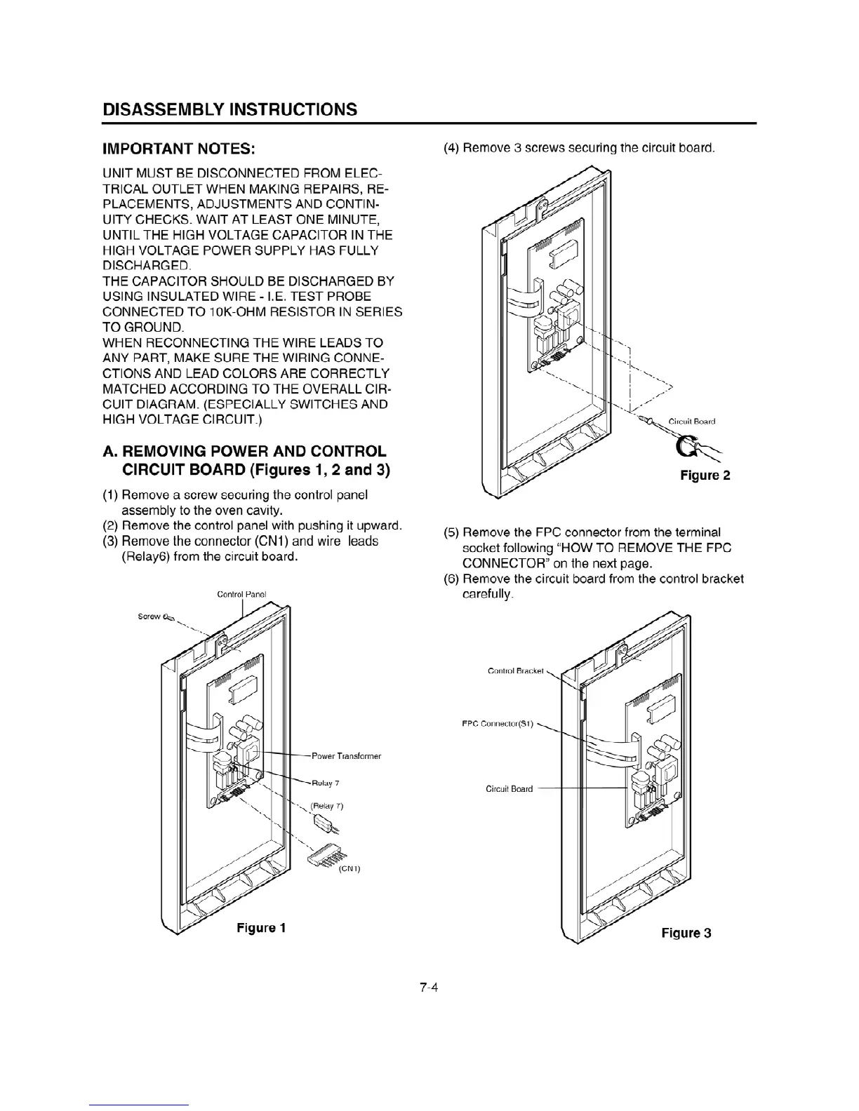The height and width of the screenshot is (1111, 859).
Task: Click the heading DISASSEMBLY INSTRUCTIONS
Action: [x=229, y=109]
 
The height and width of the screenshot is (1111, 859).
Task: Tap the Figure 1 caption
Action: [x=261, y=928]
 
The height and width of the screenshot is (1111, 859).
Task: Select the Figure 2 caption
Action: [x=705, y=476]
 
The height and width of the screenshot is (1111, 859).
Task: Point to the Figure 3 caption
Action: [x=686, y=933]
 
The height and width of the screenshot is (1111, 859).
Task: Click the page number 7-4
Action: [x=429, y=988]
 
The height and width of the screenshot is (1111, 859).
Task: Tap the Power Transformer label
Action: [x=346, y=756]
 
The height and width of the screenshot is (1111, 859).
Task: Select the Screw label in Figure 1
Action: [x=149, y=617]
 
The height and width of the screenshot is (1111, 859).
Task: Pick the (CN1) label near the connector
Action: [x=349, y=869]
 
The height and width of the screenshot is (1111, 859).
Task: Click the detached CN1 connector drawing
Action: [x=326, y=854]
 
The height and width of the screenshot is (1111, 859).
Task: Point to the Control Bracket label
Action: [x=515, y=671]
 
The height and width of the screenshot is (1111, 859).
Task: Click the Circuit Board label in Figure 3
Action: [x=509, y=788]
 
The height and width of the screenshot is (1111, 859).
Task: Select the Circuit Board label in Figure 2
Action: [x=691, y=422]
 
